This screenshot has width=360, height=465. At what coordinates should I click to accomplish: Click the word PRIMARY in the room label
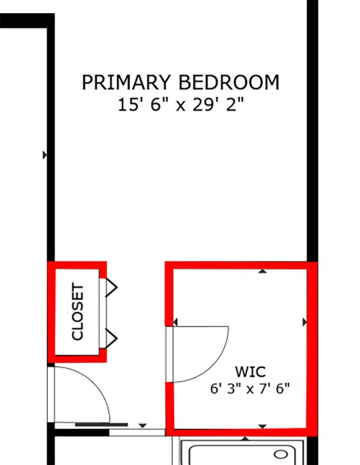tap(127, 82)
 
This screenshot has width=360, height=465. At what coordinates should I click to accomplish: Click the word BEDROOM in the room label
tap(229, 82)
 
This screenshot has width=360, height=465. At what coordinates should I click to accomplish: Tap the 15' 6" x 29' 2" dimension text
tap(181, 104)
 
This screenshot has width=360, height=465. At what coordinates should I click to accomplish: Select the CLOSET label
tap(77, 311)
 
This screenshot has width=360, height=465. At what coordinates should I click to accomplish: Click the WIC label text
tap(250, 371)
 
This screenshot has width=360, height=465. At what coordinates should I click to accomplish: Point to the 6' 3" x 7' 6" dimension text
tap(250, 388)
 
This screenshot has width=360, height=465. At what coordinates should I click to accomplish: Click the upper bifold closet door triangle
tap(112, 287)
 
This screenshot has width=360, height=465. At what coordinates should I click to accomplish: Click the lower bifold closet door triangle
tap(112, 338)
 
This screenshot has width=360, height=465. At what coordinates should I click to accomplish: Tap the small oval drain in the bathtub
tap(281, 454)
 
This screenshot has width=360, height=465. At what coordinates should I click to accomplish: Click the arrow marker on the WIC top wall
tap(262, 271)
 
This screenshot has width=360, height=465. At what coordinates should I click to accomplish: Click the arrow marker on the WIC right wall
tap(305, 322)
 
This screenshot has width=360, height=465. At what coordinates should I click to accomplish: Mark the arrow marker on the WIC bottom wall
tap(262, 427)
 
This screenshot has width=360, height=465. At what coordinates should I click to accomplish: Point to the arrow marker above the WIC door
tap(175, 322)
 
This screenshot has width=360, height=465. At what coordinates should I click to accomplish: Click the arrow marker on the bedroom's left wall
tap(45, 155)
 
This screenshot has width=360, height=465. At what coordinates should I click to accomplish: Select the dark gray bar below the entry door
tap(101, 425)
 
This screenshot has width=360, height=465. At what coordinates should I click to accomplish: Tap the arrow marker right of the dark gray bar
tap(143, 426)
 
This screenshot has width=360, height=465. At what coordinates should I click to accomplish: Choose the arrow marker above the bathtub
tap(245, 439)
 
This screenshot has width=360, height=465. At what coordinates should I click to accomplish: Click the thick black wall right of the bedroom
tap(313, 131)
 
